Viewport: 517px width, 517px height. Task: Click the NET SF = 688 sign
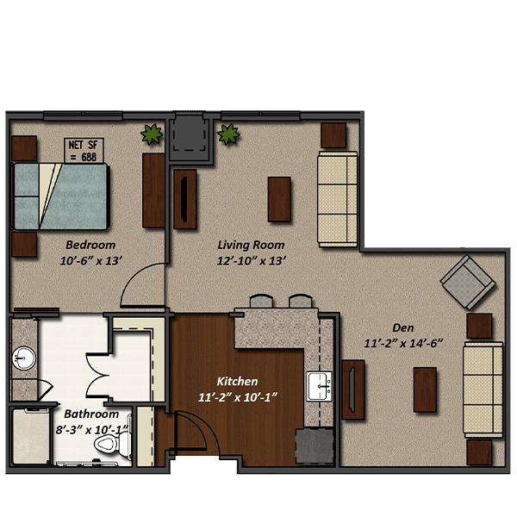pos(84,150)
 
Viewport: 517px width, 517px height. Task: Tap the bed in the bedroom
pos(60,196)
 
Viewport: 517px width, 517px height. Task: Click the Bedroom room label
pos(90,245)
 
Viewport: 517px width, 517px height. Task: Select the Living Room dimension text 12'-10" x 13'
pos(251,261)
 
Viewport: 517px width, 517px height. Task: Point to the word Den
pos(403,327)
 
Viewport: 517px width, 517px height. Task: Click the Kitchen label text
pos(237,382)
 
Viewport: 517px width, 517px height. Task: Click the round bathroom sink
pos(24,358)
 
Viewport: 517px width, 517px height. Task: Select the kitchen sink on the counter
pos(319,386)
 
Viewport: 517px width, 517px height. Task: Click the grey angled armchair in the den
pos(468,283)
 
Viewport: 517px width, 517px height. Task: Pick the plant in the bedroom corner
pos(152,134)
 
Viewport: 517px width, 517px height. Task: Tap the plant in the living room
pos(228,134)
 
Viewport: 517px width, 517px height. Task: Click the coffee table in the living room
pos(279,199)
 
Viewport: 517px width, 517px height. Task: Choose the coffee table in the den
pos(425,389)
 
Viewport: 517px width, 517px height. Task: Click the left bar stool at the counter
pos(261,301)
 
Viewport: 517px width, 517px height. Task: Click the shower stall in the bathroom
pos(31,436)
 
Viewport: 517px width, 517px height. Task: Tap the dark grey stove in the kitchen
pos(315,446)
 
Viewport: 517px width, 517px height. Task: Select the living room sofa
pos(337,199)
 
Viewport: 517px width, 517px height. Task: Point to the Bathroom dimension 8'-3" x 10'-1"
pos(91,430)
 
